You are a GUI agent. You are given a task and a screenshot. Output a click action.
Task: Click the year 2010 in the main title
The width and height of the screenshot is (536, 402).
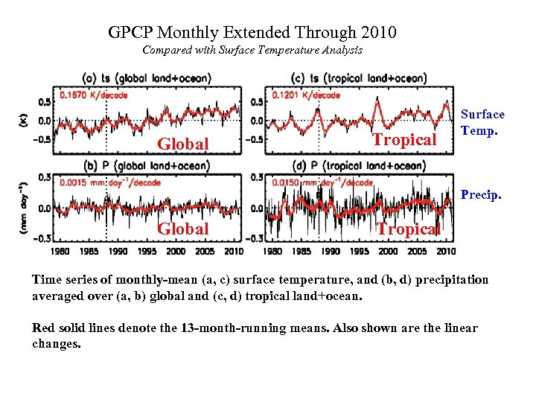pos(378,33)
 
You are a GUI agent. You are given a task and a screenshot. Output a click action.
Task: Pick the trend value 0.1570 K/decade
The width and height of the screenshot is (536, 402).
pos(94,95)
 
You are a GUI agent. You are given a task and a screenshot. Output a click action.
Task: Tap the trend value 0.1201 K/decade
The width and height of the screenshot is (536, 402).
pos(306,95)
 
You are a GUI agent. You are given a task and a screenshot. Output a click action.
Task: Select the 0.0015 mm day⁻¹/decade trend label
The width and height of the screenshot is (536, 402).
pos(103,182)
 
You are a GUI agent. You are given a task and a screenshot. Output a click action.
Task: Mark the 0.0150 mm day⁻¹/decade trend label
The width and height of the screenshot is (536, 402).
pos(322,182)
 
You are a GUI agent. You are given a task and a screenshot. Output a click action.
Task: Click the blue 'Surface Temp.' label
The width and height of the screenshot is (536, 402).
pos(482,122)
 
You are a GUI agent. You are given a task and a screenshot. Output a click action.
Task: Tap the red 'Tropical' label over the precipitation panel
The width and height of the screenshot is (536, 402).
pos(408,229)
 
